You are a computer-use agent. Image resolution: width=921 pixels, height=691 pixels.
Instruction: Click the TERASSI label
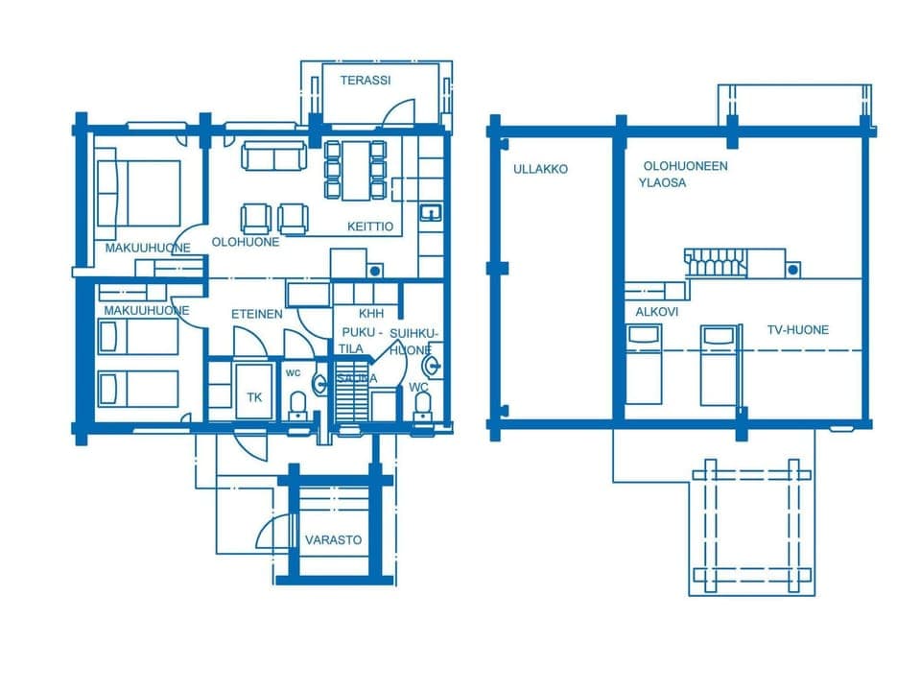[365, 81]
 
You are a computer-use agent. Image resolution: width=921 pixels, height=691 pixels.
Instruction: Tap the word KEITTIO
[370, 227]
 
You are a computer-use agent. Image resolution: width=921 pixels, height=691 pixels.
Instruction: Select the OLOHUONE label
[246, 242]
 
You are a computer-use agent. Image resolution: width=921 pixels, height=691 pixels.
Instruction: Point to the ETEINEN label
[256, 314]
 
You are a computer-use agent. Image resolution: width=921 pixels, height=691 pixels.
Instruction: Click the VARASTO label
[333, 540]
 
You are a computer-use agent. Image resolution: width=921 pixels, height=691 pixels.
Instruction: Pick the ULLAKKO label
[540, 169]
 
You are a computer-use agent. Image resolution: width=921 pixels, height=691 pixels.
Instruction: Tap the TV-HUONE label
[797, 330]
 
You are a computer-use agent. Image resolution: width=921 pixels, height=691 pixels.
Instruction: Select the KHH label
[371, 314]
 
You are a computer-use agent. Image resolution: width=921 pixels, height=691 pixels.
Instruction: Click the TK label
[254, 397]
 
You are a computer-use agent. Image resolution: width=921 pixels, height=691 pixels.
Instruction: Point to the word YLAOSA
[662, 182]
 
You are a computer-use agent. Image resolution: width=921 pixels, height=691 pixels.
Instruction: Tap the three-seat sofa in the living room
[273, 155]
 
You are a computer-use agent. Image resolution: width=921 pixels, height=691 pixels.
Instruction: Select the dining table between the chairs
[356, 170]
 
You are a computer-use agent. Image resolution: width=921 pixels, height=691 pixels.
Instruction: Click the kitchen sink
[430, 212]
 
